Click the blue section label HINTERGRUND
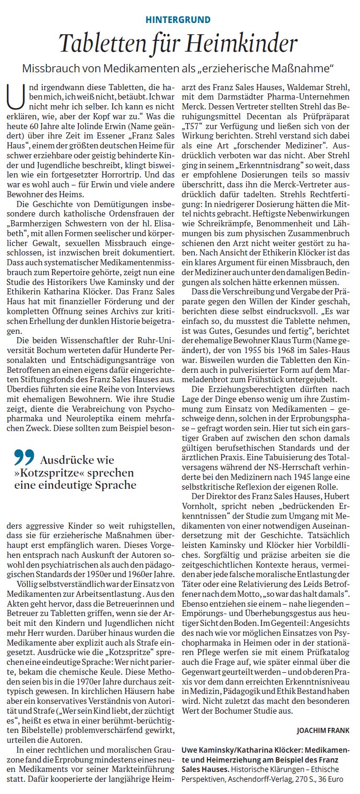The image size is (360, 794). click(x=178, y=20)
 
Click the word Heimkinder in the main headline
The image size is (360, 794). click(x=242, y=44)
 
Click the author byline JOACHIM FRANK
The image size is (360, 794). click(x=322, y=731)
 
